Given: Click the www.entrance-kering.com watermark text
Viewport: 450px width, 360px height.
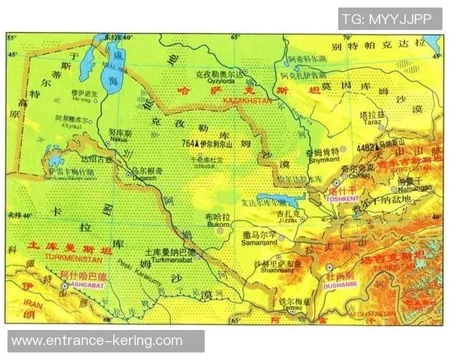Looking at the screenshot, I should pyautogui.click(x=97, y=341).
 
